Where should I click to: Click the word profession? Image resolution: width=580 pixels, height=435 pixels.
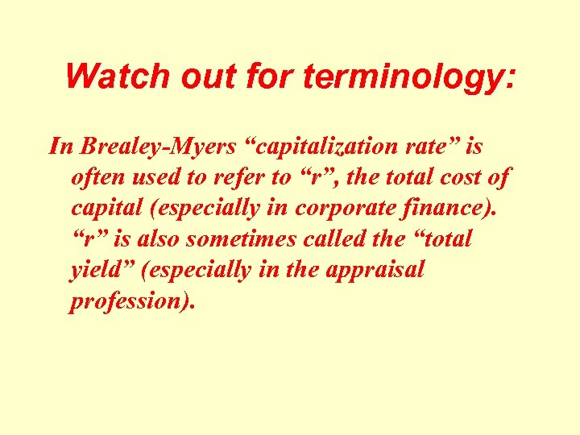tap(128, 300)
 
